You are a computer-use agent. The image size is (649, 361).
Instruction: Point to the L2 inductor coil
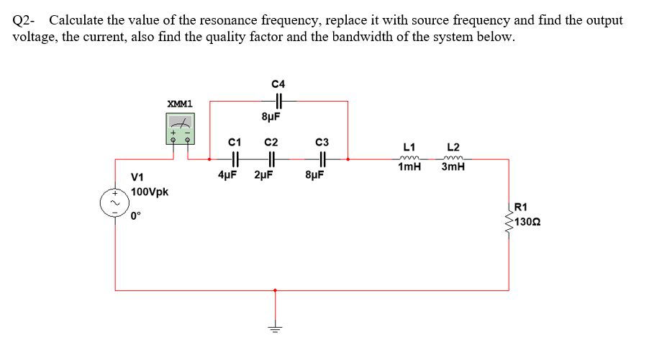[x=453, y=159]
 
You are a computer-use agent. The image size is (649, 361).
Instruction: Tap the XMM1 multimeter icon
[x=179, y=130]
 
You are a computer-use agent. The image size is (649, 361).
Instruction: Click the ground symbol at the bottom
[x=273, y=328]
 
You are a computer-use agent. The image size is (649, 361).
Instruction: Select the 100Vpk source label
[x=150, y=192]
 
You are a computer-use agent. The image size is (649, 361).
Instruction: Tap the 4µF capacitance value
[x=229, y=174]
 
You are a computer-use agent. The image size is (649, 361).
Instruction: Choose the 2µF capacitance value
[x=265, y=174]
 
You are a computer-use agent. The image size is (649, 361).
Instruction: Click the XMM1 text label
[x=179, y=103]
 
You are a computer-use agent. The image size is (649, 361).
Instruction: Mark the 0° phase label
[x=136, y=214]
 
